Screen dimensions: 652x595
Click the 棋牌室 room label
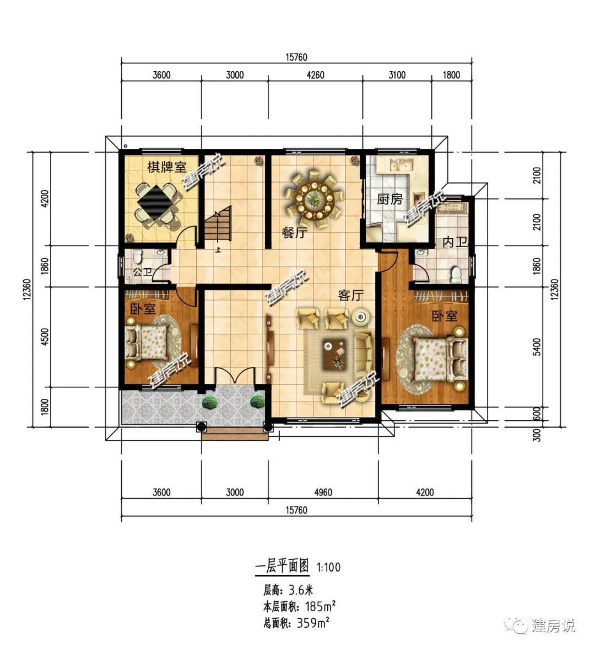[166, 167]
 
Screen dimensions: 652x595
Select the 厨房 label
[390, 199]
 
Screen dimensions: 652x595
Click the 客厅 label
[351, 296]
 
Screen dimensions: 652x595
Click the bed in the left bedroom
[146, 343]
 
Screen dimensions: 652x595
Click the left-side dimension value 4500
[45, 337]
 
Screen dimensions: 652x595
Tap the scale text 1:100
[329, 567]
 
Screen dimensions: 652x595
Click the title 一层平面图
[282, 567]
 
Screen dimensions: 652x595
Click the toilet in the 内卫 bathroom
[455, 274]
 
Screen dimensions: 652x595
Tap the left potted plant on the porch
[209, 402]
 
